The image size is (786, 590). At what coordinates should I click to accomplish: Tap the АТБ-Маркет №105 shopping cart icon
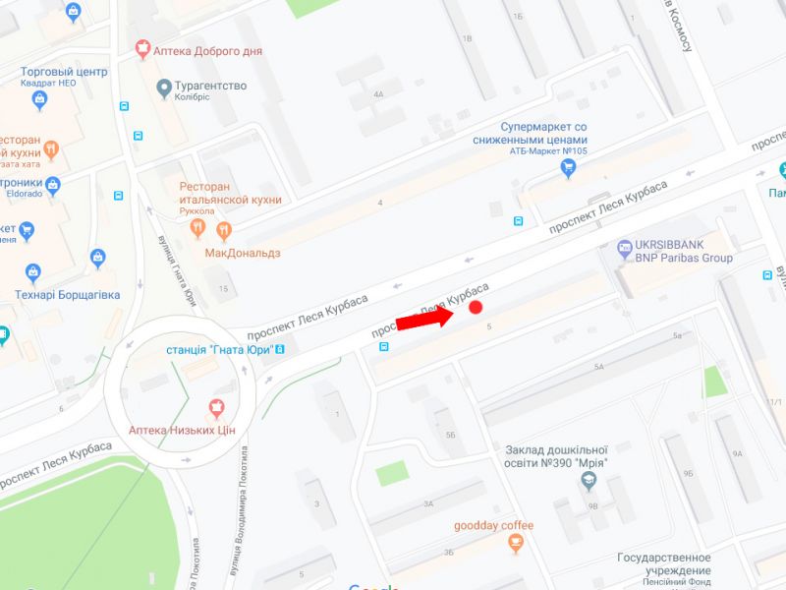(567, 168)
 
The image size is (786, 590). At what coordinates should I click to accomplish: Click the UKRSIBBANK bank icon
(624, 249)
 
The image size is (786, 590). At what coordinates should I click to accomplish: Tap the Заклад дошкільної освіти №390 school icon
(588, 481)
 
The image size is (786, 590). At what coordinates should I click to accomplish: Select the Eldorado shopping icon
(52, 185)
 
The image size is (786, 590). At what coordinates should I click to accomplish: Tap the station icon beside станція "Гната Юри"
(281, 348)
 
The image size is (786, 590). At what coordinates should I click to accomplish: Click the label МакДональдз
(243, 253)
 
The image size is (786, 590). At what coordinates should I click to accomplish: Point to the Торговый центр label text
(64, 71)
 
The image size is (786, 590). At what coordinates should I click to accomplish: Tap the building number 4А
(377, 94)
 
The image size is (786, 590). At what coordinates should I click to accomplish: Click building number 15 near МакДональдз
(223, 288)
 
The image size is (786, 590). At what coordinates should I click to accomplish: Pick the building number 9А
(737, 453)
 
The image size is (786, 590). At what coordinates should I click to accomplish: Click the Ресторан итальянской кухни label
(230, 193)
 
